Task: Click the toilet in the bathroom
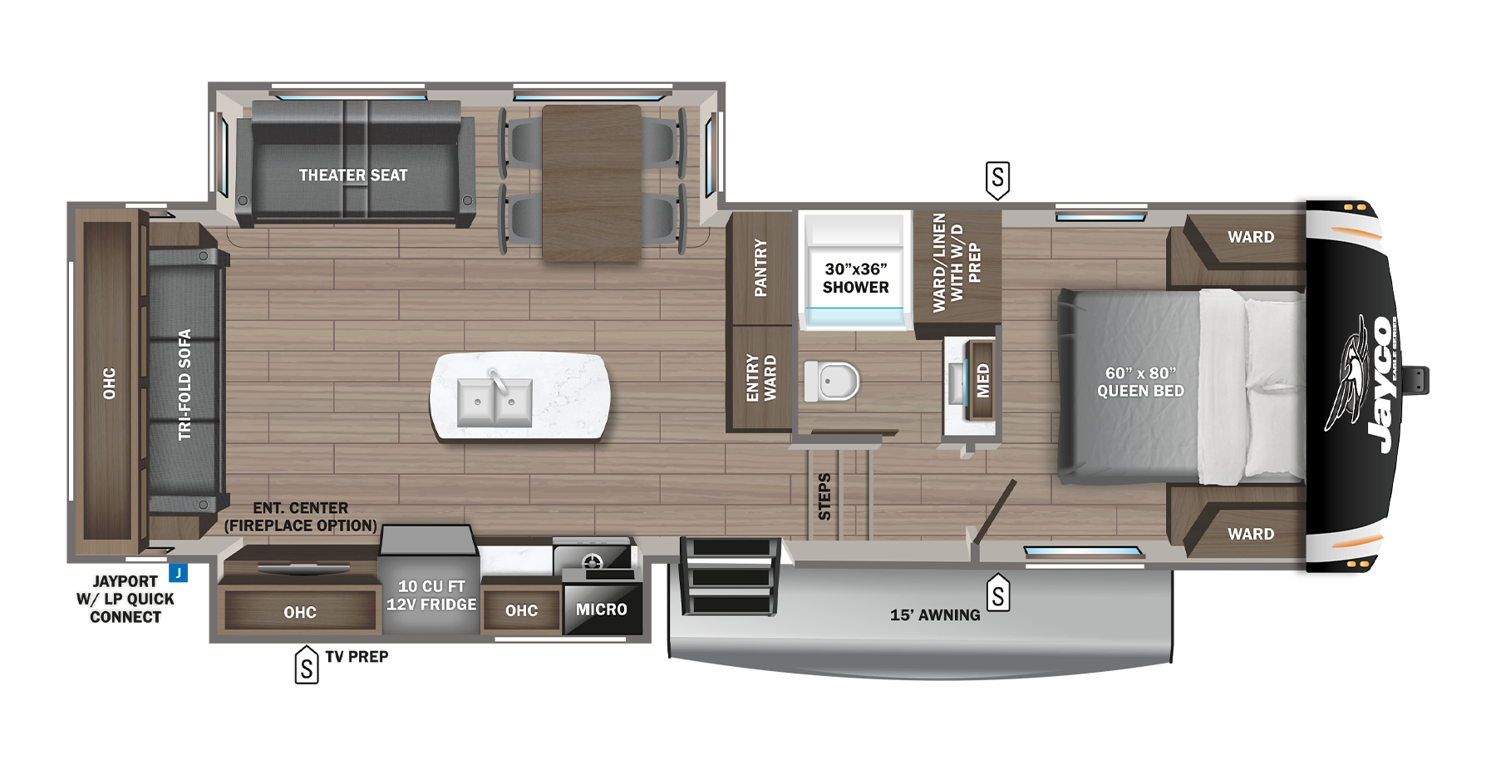pos(832,382)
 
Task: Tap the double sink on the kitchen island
pos(495,402)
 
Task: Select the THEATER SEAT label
pos(353,175)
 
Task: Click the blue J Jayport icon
pos(178,573)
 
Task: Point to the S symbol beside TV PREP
pos(307,666)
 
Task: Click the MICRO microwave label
pos(602,610)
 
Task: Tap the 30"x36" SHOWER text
pos(855,278)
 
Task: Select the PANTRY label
pos(760,268)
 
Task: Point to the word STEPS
pos(824,496)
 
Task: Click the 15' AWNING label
pos(935,615)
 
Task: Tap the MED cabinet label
pos(982,381)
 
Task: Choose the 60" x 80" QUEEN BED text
pos(1140,382)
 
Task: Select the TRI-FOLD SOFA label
pos(185,384)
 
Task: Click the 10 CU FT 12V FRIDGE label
pos(431,595)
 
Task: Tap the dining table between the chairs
pos(591,183)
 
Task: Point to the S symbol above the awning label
pos(997,595)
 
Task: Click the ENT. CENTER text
pos(301,508)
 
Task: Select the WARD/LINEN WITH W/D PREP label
pos(957,263)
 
